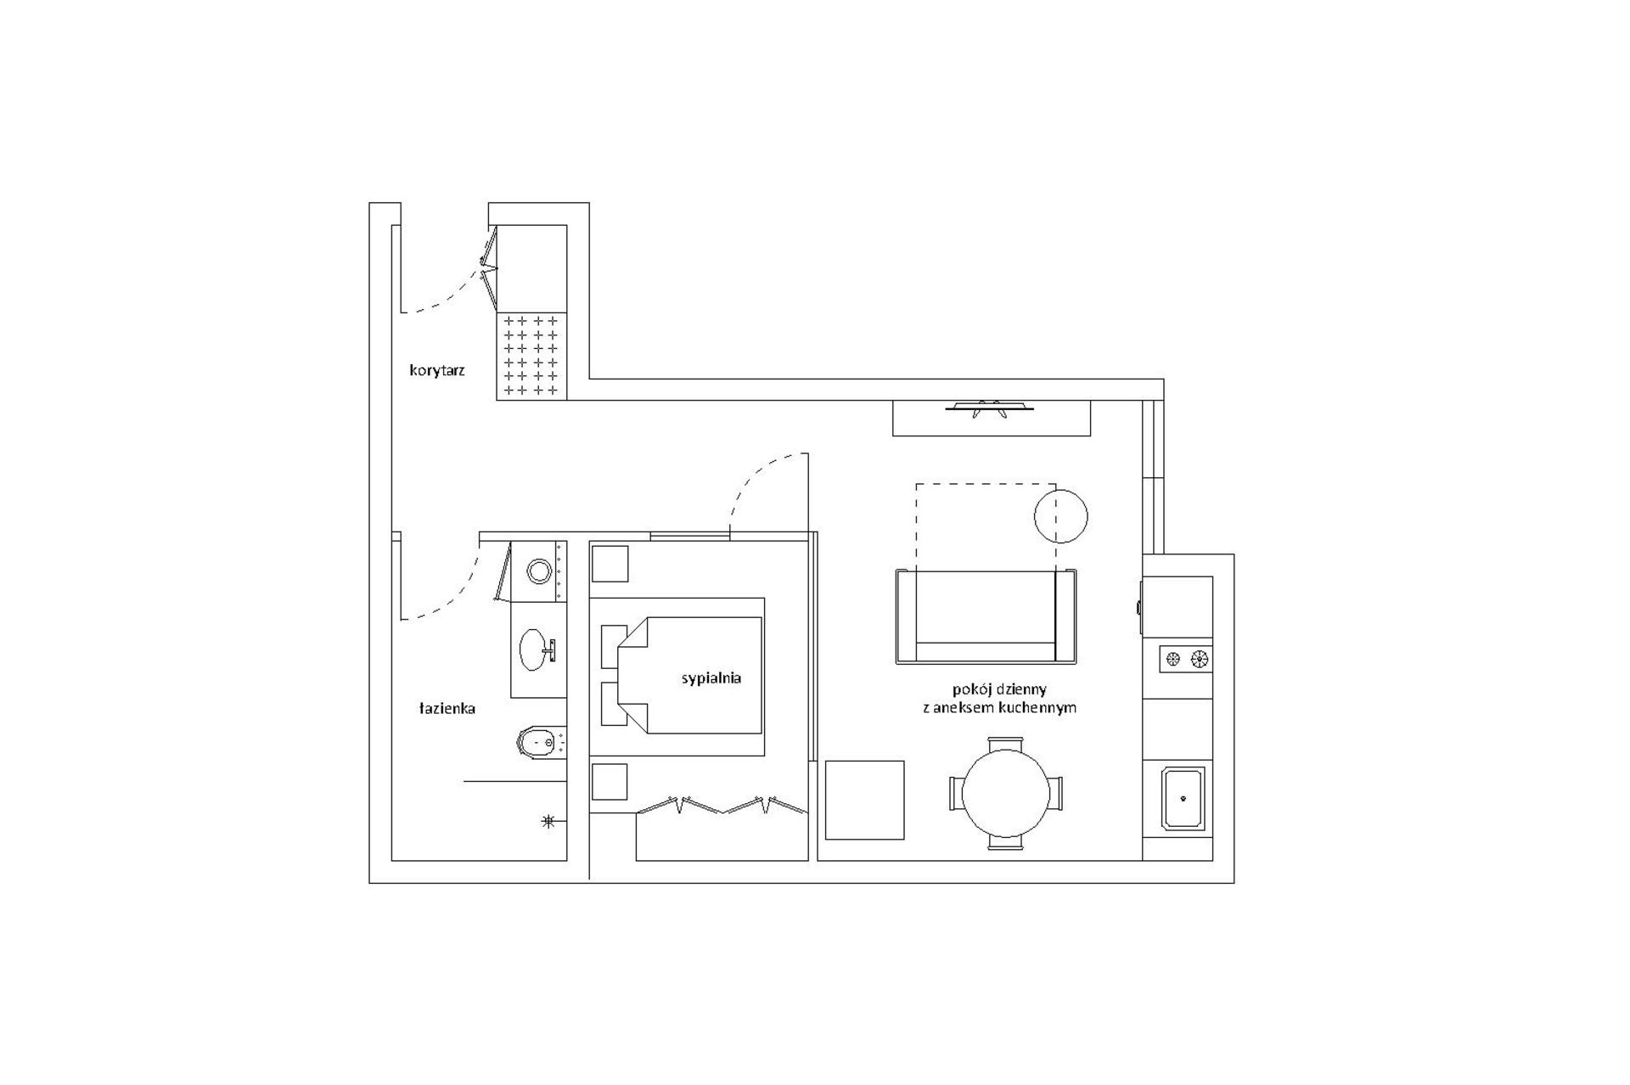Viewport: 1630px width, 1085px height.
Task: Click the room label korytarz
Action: (436, 371)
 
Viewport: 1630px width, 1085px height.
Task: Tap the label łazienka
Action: (447, 708)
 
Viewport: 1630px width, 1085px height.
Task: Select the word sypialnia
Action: (711, 678)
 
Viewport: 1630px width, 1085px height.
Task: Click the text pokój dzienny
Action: (999, 689)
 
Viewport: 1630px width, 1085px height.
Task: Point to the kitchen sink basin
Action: (1183, 799)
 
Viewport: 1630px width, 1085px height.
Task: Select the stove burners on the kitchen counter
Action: (1186, 658)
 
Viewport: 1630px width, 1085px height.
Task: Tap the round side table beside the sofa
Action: (1061, 516)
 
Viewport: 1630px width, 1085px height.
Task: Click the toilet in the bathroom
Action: (541, 745)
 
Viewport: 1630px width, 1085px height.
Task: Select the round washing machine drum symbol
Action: (539, 571)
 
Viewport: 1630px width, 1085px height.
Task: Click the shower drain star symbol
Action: (548, 821)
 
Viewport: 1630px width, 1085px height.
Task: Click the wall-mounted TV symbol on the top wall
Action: (990, 409)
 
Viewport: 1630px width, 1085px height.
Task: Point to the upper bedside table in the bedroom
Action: (610, 564)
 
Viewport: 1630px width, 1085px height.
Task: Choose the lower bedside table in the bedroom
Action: (610, 781)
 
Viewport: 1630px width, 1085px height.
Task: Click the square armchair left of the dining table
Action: (864, 800)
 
